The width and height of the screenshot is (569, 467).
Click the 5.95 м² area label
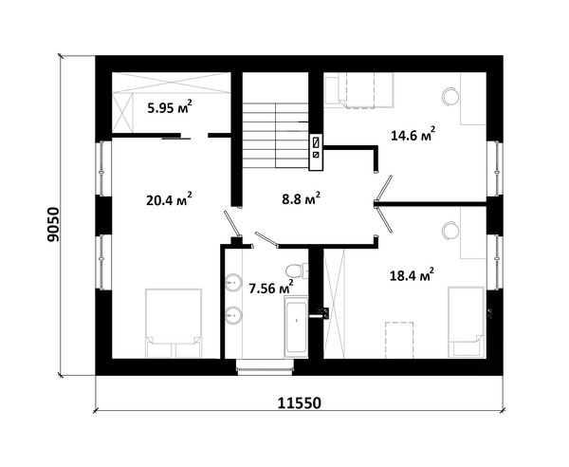point(170,107)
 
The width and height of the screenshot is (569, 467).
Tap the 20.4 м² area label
point(169,199)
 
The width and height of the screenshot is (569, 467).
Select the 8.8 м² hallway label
point(302,198)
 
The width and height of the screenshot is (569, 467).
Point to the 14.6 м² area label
point(413,135)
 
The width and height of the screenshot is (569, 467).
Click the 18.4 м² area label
point(412,275)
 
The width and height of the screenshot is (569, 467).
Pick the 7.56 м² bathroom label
point(271,288)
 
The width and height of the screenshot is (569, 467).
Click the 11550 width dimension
point(300,402)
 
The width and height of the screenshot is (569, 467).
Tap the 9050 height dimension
point(53,224)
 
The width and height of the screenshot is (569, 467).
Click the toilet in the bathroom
point(297,271)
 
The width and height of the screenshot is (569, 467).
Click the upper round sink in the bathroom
point(233,282)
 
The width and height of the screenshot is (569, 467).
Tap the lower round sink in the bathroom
point(233,315)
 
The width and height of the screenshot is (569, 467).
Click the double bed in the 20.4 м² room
point(174,323)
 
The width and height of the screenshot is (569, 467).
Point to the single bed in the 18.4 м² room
point(467,322)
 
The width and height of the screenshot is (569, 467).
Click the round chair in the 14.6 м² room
point(450,97)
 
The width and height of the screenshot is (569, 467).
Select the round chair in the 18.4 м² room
point(450,231)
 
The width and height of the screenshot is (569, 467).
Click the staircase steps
point(275,135)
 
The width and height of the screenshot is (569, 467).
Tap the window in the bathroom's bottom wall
point(265,367)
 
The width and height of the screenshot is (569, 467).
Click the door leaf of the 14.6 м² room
point(383,188)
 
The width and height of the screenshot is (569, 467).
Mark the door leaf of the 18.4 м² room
point(384,219)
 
